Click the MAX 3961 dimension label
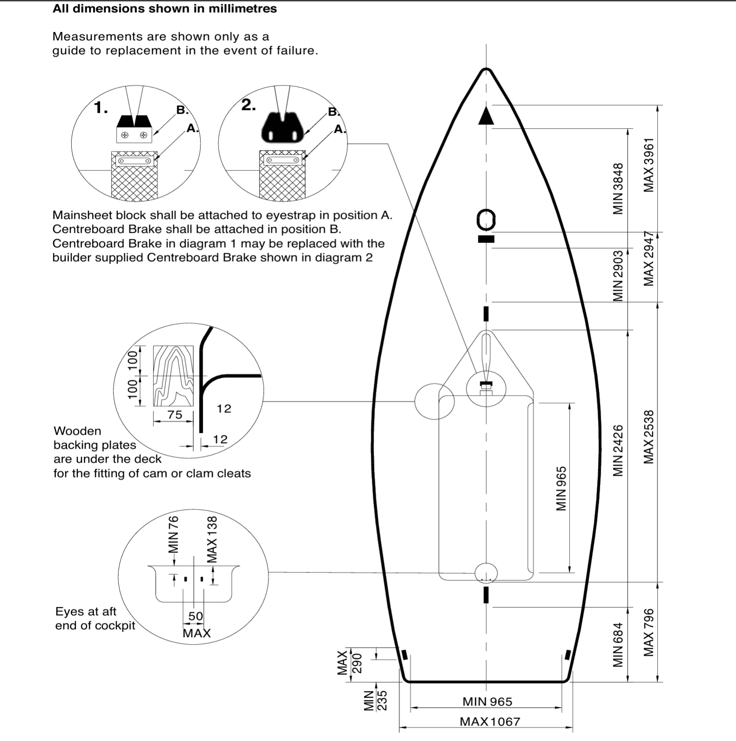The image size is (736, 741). tap(648, 165)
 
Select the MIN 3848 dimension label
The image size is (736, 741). tap(618, 189)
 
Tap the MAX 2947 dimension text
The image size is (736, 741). tap(648, 259)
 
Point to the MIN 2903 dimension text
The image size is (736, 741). tap(618, 276)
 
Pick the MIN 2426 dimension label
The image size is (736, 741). tap(618, 451)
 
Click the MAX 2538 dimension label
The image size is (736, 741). tap(648, 437)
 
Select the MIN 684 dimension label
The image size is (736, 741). tap(618, 645)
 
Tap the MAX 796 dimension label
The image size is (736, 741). tap(648, 633)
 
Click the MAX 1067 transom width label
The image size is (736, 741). tap(490, 721)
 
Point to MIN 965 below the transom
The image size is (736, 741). tap(487, 701)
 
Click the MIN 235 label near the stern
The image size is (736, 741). tap(375, 701)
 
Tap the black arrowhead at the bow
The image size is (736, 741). tap(486, 116)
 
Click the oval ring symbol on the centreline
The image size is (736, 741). tap(486, 220)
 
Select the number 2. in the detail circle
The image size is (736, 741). tap(248, 105)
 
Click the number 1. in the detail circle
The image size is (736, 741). tap(101, 108)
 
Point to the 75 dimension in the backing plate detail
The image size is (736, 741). tap(175, 414)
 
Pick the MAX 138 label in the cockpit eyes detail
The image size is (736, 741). tap(212, 539)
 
